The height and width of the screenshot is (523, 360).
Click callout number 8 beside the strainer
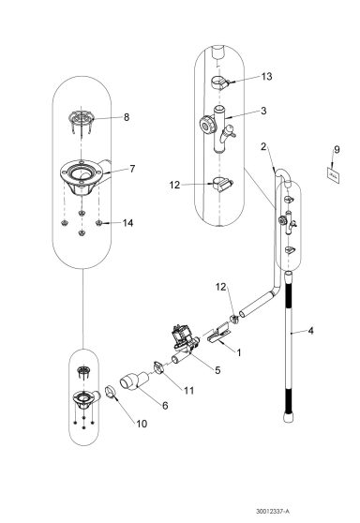click(x=128, y=118)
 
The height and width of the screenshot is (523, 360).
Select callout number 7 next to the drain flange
click(x=132, y=169)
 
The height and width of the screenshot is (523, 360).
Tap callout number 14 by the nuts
click(x=128, y=222)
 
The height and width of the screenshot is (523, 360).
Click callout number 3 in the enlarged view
click(x=265, y=111)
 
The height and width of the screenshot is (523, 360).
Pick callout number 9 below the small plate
click(x=337, y=149)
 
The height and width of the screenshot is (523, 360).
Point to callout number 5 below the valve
click(x=217, y=370)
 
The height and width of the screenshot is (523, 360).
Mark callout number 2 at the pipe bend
click(x=265, y=146)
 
